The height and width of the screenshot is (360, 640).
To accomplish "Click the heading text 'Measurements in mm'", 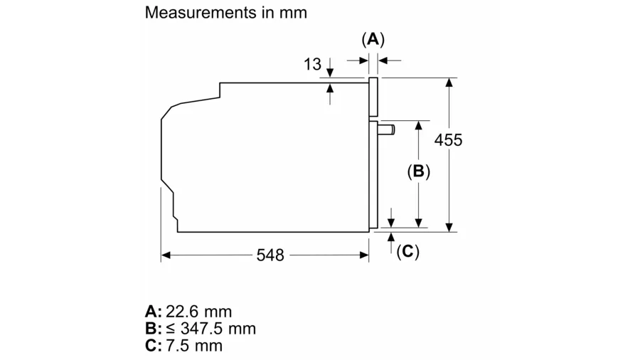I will (x=225, y=13).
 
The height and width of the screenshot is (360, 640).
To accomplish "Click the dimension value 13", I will (x=312, y=65).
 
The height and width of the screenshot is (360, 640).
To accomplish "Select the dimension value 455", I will (x=448, y=140).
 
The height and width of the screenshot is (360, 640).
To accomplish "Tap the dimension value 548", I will (x=270, y=255).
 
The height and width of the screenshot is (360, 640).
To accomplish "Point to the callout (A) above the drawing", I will (x=373, y=39).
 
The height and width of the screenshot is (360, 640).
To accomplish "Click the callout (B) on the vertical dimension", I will (x=418, y=171).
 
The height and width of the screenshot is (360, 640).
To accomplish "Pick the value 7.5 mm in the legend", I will (x=194, y=346).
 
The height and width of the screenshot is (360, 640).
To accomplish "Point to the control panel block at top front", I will (x=373, y=97).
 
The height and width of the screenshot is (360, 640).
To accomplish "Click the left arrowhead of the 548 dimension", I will (x=166, y=255).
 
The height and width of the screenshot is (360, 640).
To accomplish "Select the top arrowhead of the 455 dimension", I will (x=449, y=83).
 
